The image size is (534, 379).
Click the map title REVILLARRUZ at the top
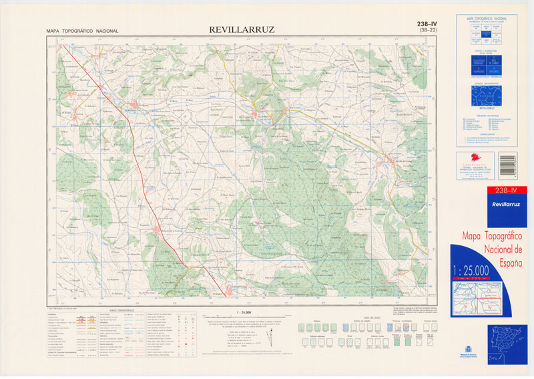click(242, 29)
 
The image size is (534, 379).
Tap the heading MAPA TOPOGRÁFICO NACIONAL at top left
click(82, 31)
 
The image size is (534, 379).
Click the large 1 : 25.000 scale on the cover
click(480, 270)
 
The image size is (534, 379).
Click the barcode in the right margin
click(512, 164)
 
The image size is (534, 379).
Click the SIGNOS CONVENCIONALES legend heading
click(121, 310)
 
